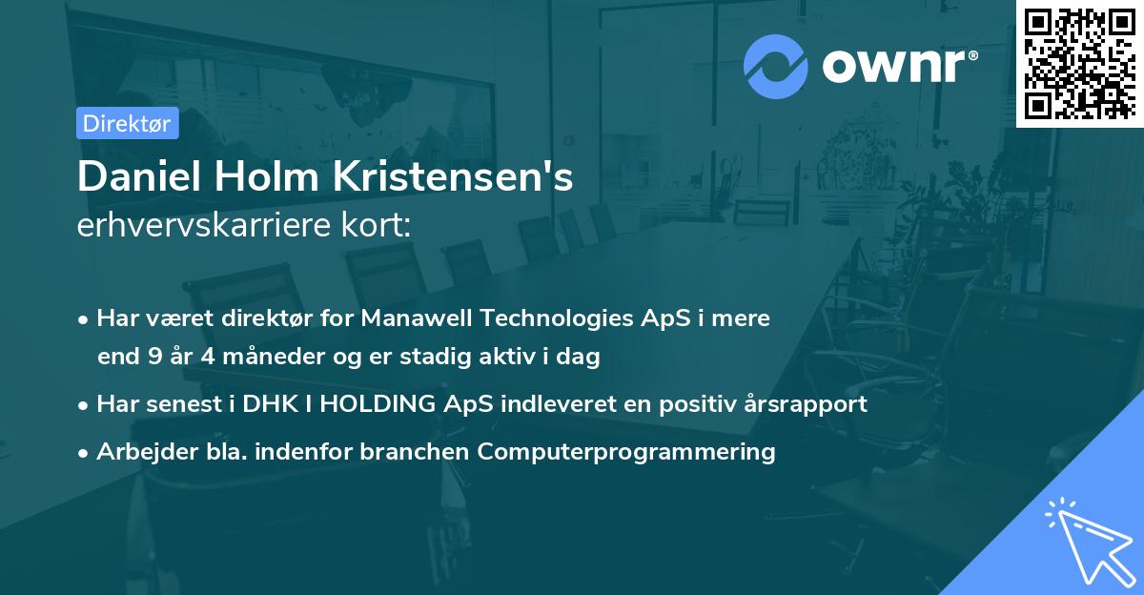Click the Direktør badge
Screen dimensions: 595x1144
coord(127,123)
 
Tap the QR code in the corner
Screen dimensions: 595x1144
coord(1079,64)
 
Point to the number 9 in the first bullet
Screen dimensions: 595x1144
coord(155,358)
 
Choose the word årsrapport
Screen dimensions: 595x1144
coord(803,403)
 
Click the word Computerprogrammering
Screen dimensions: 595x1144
coord(626,451)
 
